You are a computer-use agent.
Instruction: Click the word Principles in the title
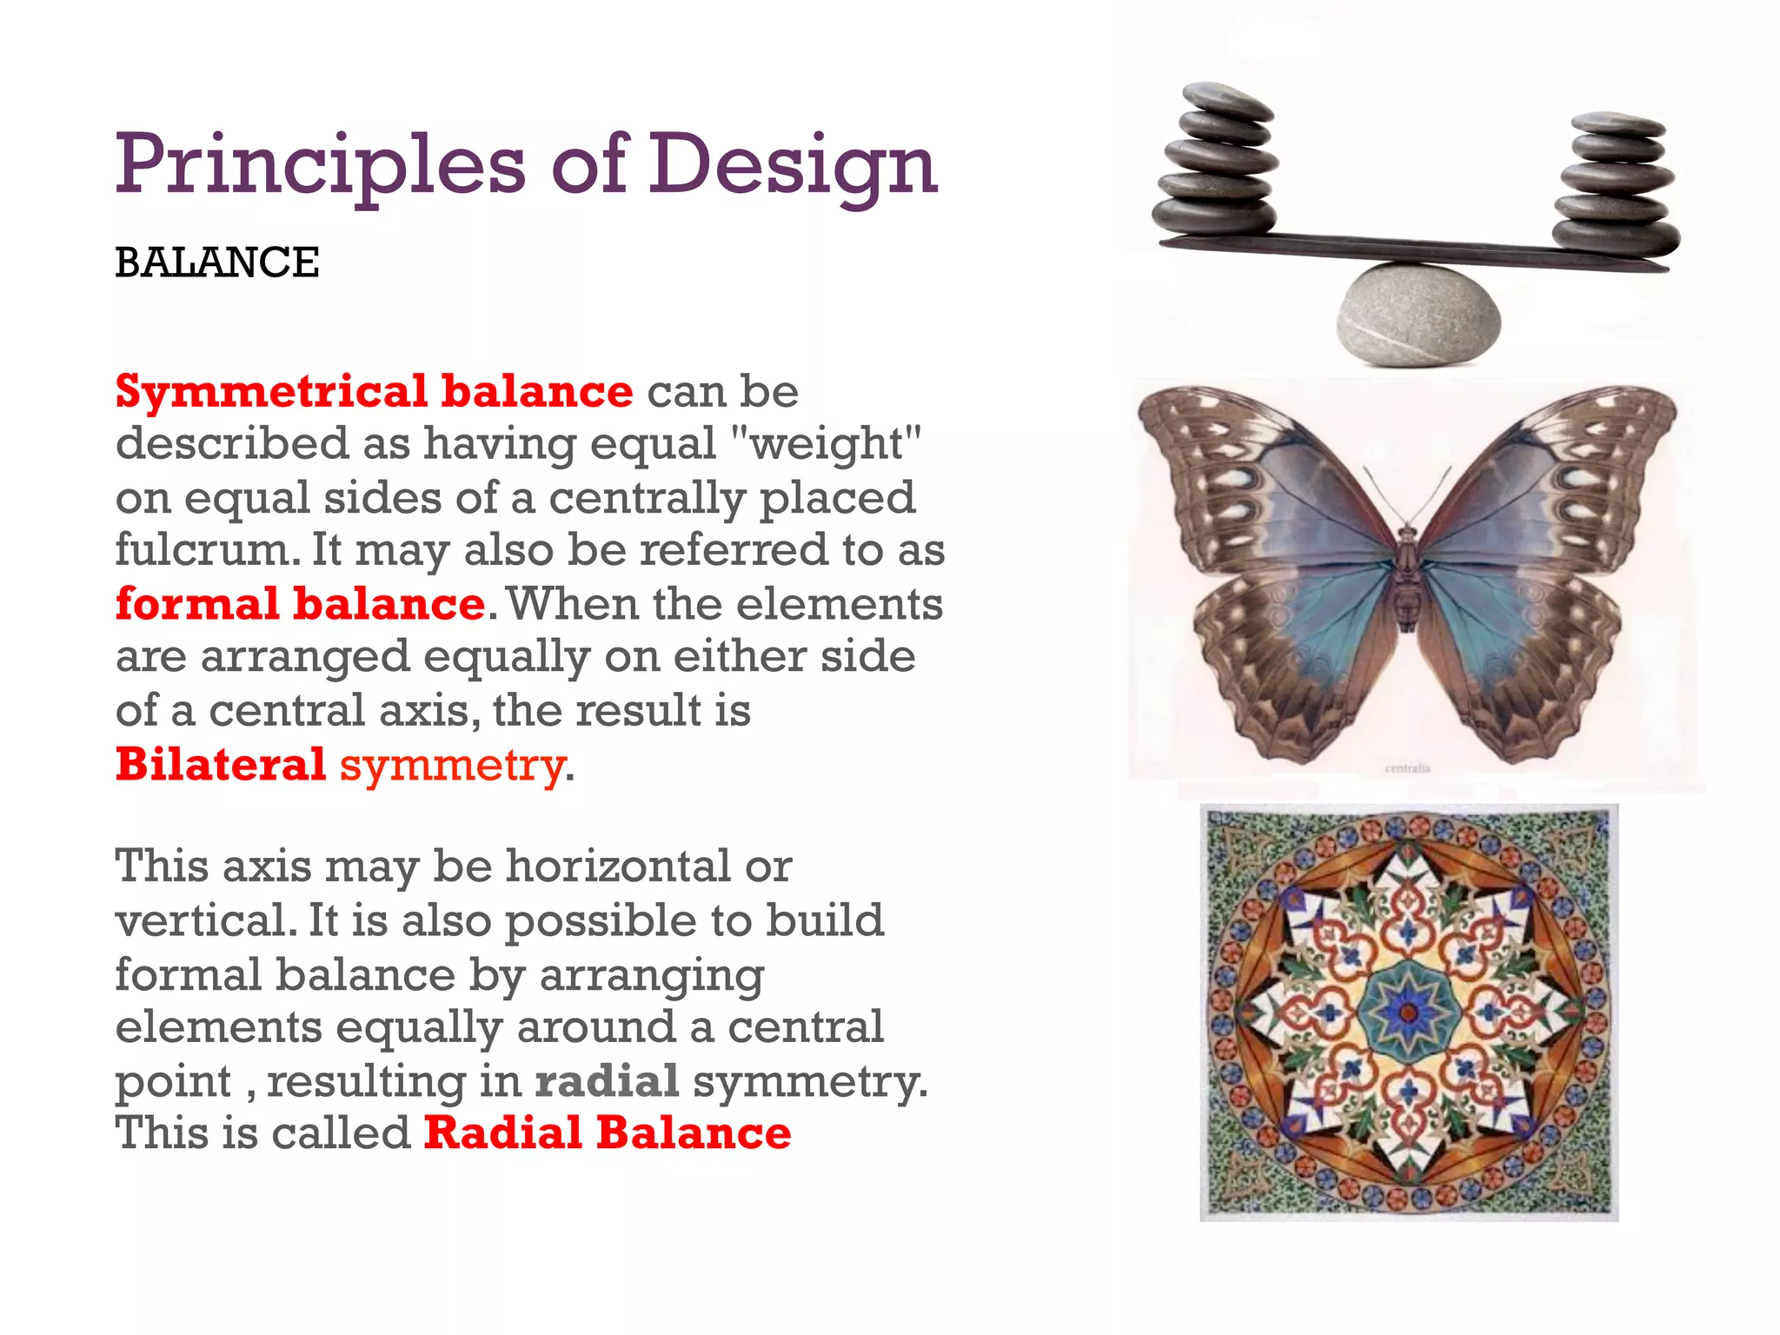tap(320, 165)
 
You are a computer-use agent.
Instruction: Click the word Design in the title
tap(793, 165)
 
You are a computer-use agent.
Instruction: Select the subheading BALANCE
tap(217, 262)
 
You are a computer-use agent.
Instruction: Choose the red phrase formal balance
tap(300, 603)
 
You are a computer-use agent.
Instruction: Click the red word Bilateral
tap(221, 764)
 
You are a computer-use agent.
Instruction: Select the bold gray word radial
tap(607, 1080)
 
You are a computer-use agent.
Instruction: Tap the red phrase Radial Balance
tap(607, 1133)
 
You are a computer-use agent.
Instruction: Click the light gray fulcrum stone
tap(1418, 313)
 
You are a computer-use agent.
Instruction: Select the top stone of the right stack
tap(1618, 123)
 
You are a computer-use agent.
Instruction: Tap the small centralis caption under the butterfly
tap(1407, 768)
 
